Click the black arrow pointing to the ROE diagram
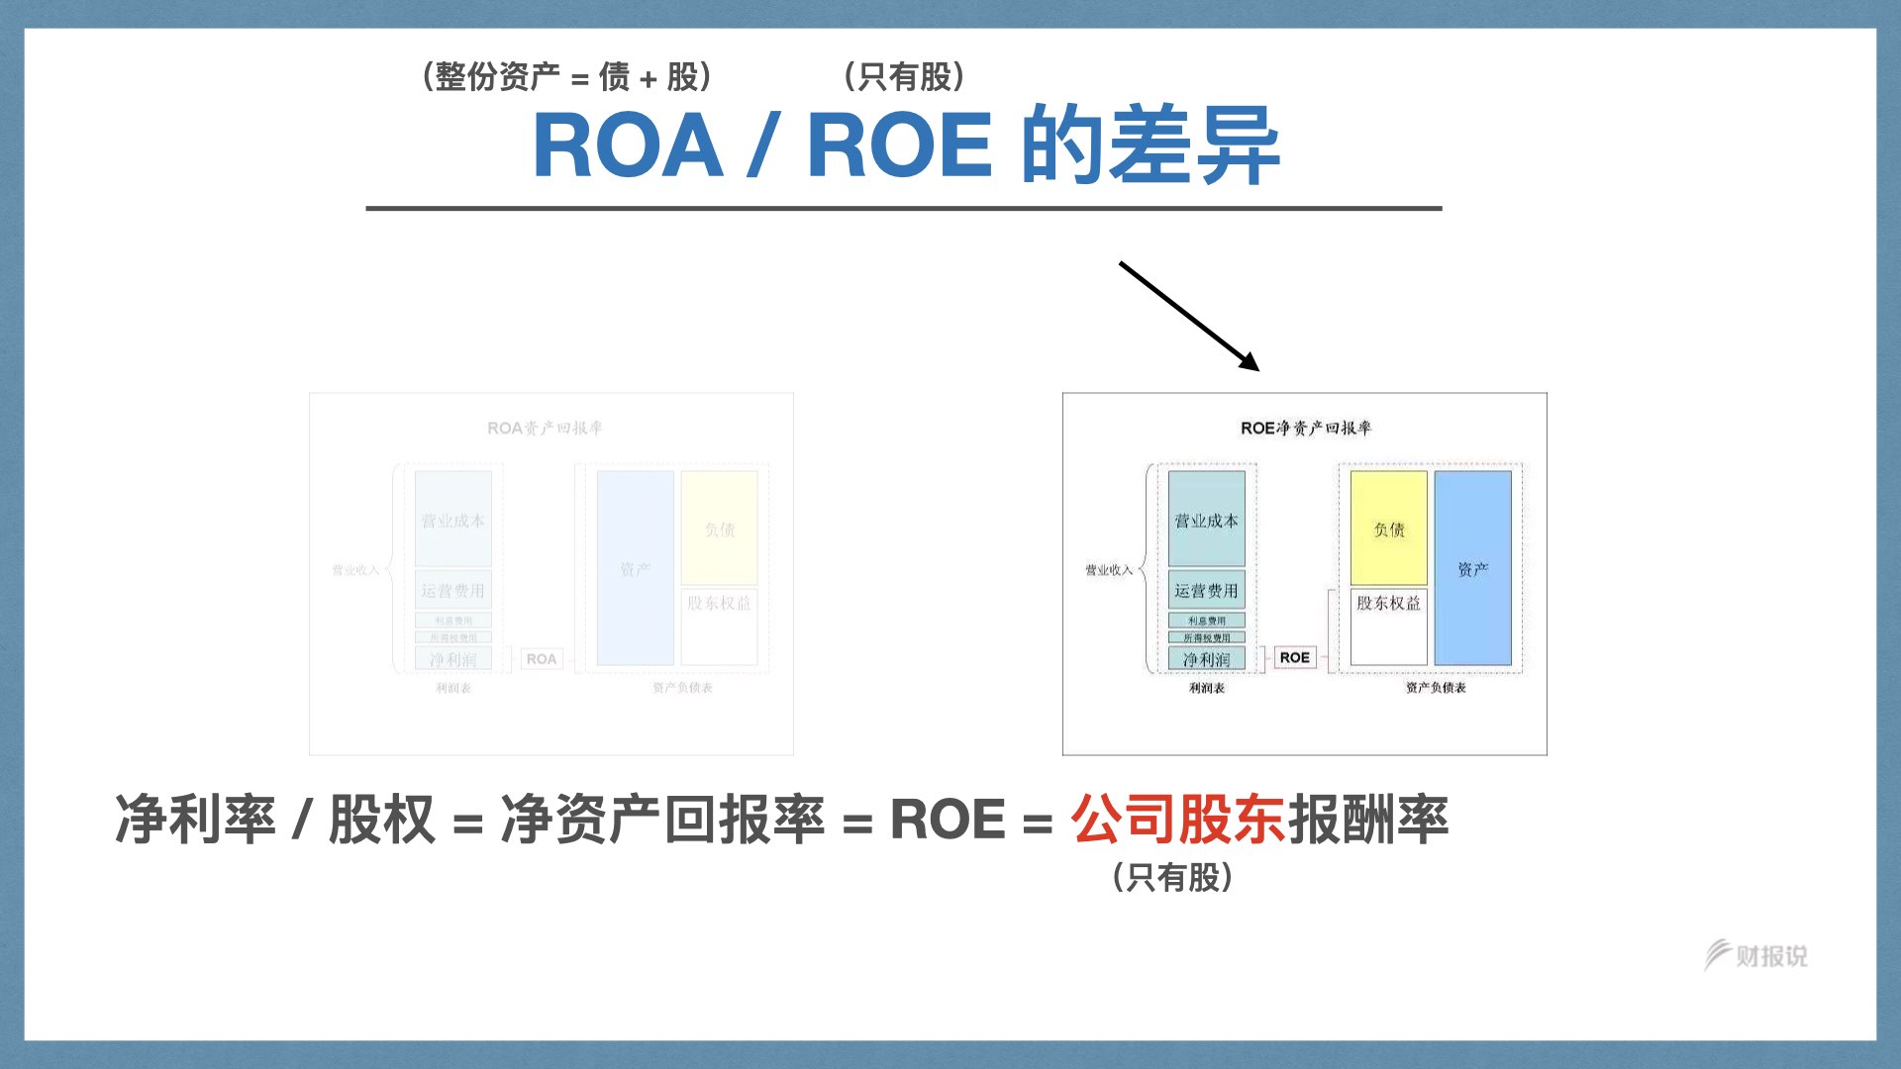[1188, 316]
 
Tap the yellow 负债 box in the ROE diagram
[1388, 529]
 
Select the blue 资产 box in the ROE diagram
[1472, 568]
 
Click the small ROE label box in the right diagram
[1294, 657]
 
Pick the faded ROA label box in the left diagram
[541, 658]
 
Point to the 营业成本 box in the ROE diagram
[1206, 520]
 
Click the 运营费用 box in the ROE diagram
[1206, 590]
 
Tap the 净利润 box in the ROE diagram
[1206, 658]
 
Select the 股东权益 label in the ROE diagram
[1388, 603]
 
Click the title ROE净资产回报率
[1305, 428]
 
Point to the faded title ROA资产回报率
[545, 428]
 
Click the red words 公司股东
[1177, 820]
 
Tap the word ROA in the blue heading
[628, 146]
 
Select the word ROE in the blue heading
[899, 146]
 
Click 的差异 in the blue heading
[1151, 146]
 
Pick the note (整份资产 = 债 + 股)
[566, 76]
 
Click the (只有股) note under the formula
[1172, 877]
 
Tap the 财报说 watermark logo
[1755, 955]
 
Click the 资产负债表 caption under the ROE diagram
[1436, 688]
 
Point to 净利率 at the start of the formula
[195, 820]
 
